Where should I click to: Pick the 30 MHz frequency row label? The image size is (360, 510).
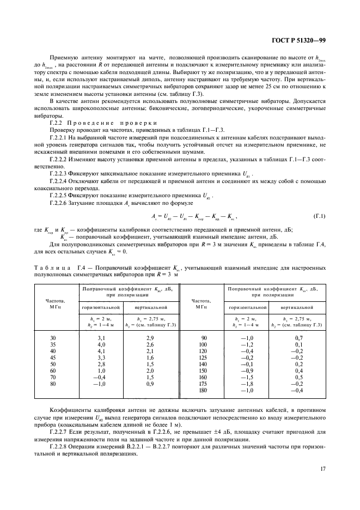[53, 339]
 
